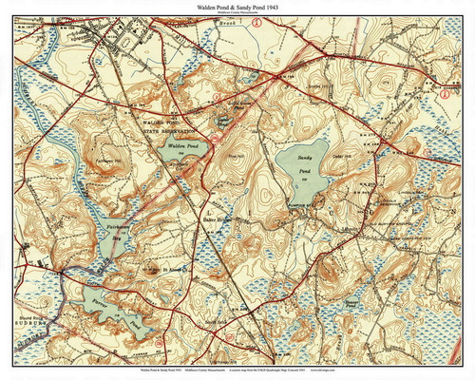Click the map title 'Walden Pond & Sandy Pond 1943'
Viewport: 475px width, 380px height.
[x=237, y=8]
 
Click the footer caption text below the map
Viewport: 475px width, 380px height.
[x=237, y=370]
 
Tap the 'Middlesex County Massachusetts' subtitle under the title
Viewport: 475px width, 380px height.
[x=237, y=15]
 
